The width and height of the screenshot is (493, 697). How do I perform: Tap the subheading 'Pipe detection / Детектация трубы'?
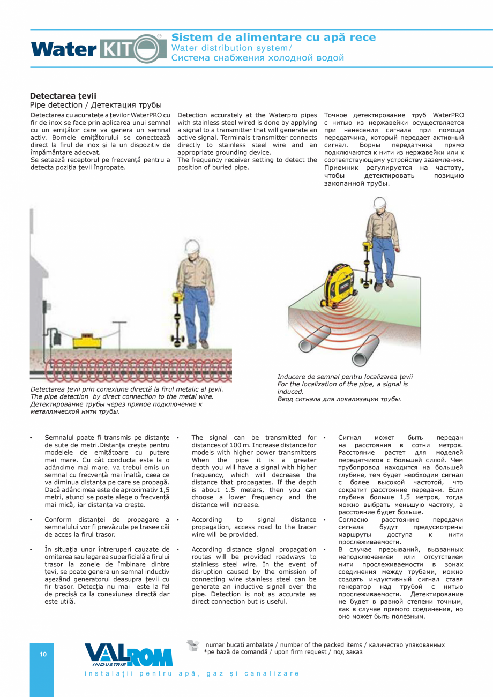coord(95,104)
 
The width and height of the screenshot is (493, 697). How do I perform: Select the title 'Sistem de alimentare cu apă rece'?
coord(273,37)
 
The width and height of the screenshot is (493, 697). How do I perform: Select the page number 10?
coord(43,654)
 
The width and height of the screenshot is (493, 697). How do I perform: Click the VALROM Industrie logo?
coord(128,655)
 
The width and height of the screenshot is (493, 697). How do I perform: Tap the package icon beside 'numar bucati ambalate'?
coord(193,646)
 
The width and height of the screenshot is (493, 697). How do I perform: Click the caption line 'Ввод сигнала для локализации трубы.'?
coord(339,399)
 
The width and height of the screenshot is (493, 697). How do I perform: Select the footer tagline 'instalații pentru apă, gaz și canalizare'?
coord(192,673)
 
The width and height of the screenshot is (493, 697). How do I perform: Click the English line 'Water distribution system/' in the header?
coord(231,48)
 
